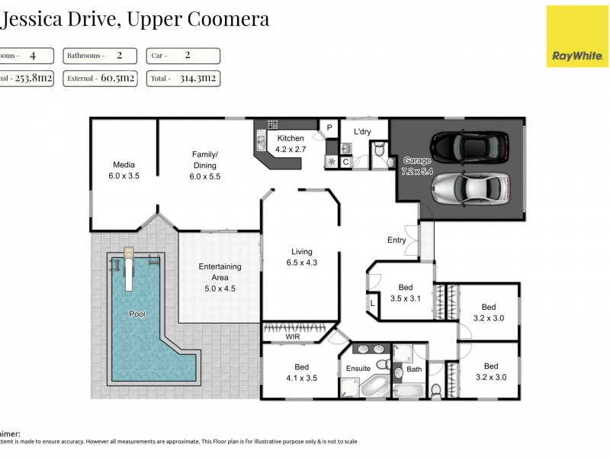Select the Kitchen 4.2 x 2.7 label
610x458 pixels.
click(291, 144)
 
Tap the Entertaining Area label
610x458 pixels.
click(220, 272)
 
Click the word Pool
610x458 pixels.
click(137, 314)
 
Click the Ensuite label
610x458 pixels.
click(359, 368)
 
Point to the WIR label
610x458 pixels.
click(293, 336)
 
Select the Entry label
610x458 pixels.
click(396, 240)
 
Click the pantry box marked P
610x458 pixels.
click(330, 127)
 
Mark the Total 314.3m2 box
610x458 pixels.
click(183, 78)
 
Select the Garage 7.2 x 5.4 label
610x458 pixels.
click(417, 166)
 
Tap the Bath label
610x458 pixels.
click(414, 369)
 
